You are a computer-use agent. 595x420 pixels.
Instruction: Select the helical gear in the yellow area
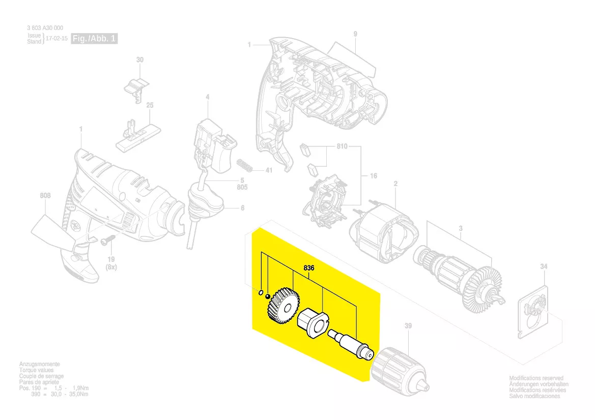click(x=282, y=306)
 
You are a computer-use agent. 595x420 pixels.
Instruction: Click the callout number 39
click(x=408, y=325)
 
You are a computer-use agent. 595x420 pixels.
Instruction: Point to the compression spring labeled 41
click(x=246, y=166)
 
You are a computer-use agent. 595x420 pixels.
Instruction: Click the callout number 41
click(x=269, y=170)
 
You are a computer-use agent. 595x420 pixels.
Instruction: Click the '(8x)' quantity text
click(x=110, y=267)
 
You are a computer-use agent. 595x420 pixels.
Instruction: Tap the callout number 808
click(x=45, y=195)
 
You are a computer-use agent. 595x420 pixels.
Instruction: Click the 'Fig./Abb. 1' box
click(x=94, y=39)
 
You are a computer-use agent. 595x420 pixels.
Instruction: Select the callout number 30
click(x=140, y=60)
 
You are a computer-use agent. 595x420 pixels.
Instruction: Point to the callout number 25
click(x=150, y=105)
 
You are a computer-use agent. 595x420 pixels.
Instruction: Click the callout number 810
click(x=342, y=146)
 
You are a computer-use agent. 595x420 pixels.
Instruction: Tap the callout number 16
click(x=373, y=176)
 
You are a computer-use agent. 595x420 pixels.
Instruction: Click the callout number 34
click(x=544, y=267)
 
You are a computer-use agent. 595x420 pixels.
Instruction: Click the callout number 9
click(x=355, y=34)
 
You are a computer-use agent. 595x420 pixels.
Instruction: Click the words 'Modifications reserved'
click(x=536, y=378)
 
